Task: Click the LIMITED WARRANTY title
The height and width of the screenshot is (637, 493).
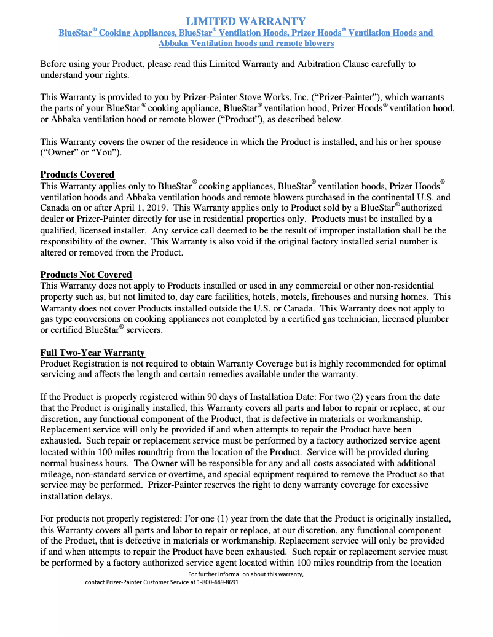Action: [x=246, y=22]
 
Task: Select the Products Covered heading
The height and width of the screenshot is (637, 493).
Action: [x=77, y=174]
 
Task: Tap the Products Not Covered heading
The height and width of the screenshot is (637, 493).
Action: [x=86, y=275]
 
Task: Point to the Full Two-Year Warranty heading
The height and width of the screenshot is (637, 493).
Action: [x=92, y=353]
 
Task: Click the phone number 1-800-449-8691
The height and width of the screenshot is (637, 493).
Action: [x=218, y=582]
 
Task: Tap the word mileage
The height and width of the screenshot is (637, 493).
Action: [x=56, y=475]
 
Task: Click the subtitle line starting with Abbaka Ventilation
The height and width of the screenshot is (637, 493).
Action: [x=246, y=44]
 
